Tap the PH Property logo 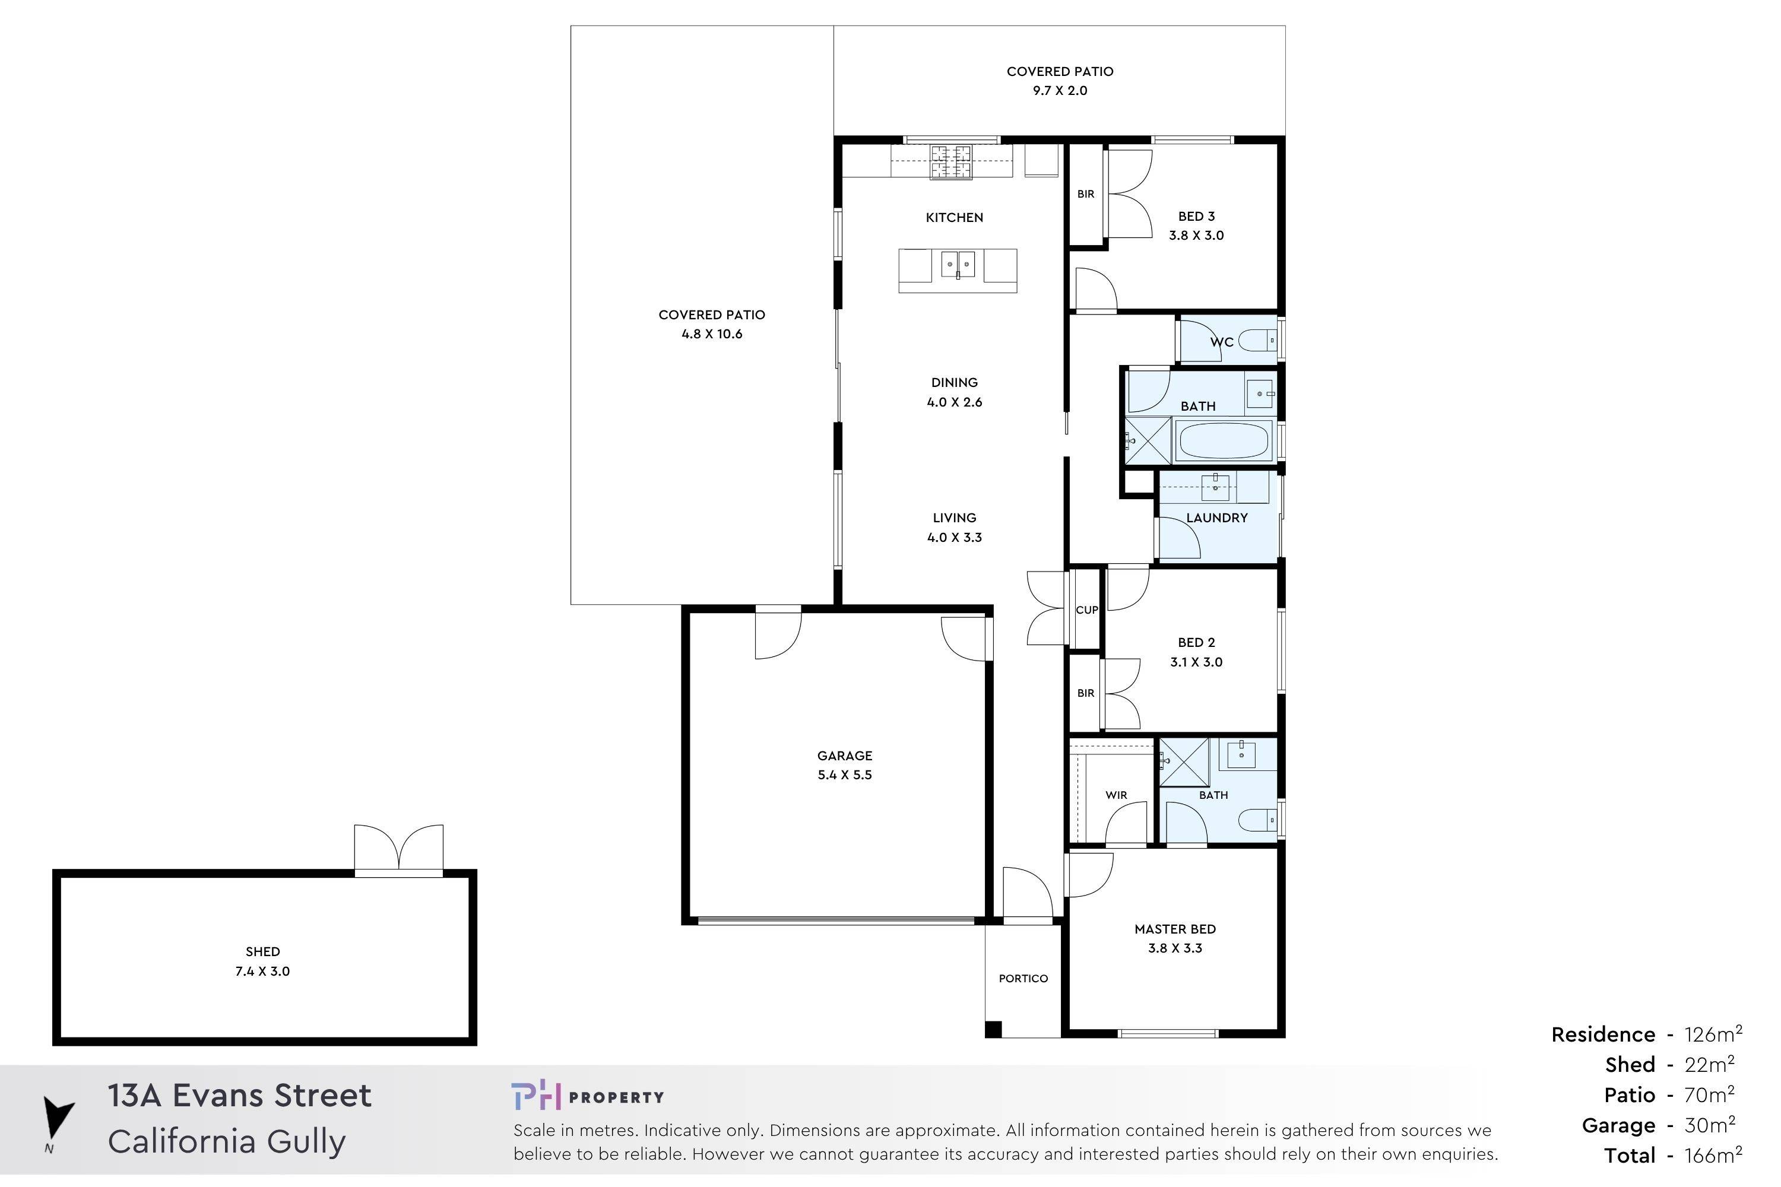(x=587, y=1096)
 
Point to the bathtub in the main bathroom (x=1223, y=440)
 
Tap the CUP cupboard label (x=1086, y=610)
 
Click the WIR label (x=1116, y=795)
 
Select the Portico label (x=1023, y=978)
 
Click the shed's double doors (x=399, y=850)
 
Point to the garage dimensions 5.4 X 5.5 (x=844, y=775)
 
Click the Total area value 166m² (x=1713, y=1155)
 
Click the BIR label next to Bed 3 (x=1085, y=194)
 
